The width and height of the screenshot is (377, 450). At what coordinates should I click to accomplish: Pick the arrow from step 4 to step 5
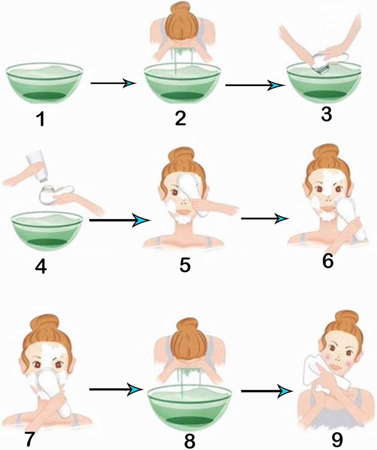[120, 220]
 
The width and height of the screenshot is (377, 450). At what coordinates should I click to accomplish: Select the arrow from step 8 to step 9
[267, 391]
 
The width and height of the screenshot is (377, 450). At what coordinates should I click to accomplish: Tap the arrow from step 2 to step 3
[255, 85]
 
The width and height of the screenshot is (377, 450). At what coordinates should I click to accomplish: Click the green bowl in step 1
[44, 83]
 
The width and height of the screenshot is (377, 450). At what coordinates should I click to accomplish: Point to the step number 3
[326, 114]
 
